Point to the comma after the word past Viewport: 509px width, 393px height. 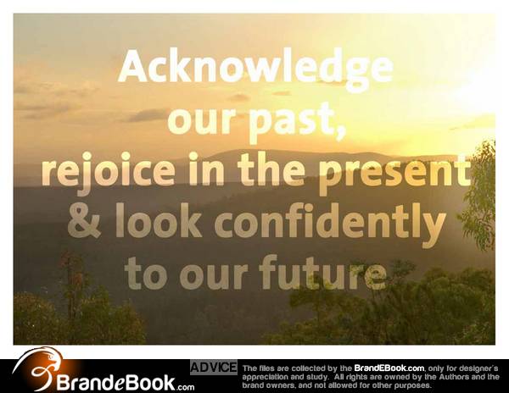point(340,133)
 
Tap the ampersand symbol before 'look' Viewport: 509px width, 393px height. point(84,220)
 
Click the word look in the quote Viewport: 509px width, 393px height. point(159,219)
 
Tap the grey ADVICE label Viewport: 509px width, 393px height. point(214,368)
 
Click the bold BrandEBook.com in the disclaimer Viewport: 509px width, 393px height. point(389,368)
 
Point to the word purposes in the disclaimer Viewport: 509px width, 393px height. point(412,386)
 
